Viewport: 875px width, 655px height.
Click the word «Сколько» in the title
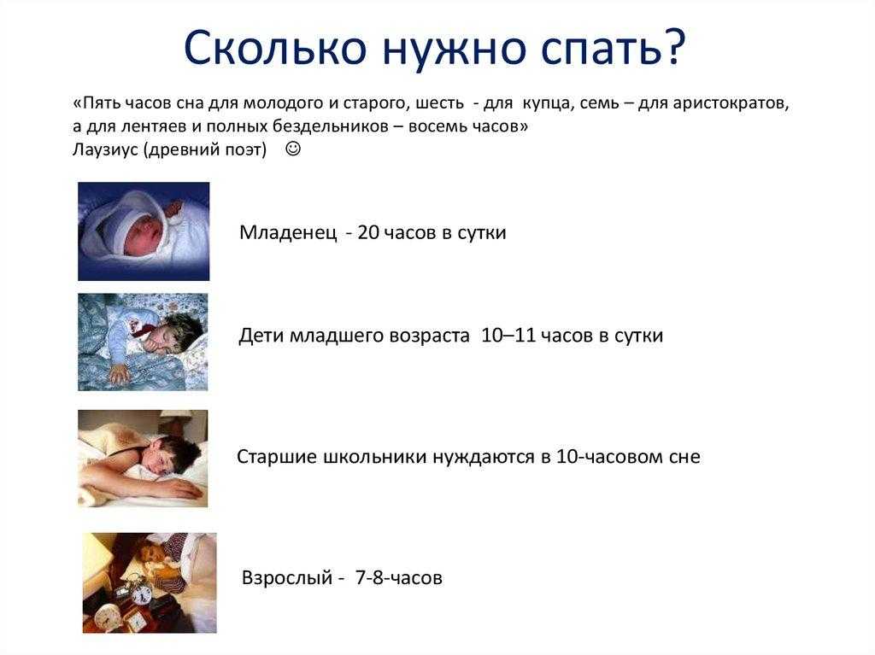click(x=274, y=48)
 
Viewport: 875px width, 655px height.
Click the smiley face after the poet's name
click(x=293, y=149)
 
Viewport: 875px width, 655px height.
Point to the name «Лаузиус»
click(x=105, y=149)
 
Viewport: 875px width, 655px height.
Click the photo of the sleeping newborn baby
click(x=144, y=231)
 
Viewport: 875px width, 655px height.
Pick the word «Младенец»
click(x=288, y=232)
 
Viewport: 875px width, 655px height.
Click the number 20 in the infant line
click(x=368, y=232)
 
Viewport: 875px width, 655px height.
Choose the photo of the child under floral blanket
click(x=143, y=342)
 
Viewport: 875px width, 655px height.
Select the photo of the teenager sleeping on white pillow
click(x=143, y=459)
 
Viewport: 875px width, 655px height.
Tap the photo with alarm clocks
click(x=150, y=582)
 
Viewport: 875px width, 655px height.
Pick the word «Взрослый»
click(x=287, y=577)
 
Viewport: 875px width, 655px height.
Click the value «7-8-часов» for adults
click(x=398, y=577)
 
